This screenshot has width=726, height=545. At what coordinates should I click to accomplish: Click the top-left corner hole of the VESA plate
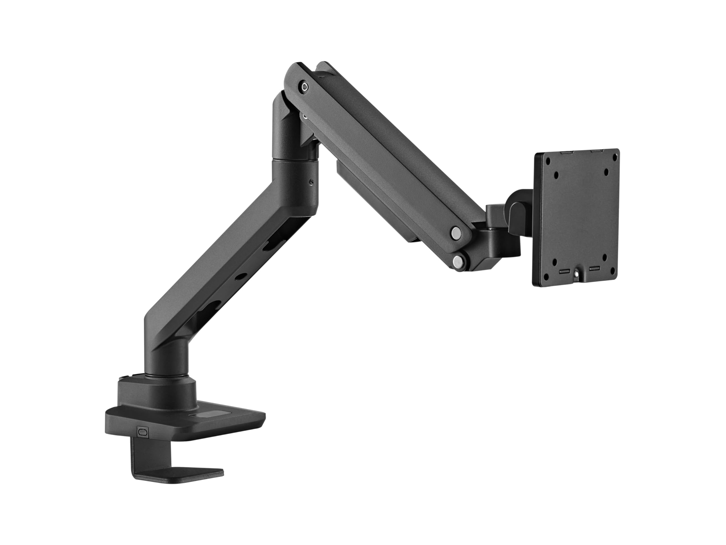click(547, 161)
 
